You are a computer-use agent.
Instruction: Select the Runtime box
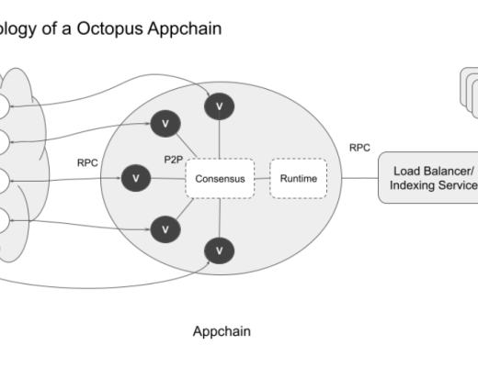pyautogui.click(x=298, y=178)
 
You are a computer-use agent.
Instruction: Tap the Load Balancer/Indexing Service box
pyautogui.click(x=430, y=178)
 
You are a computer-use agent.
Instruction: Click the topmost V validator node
pyautogui.click(x=218, y=106)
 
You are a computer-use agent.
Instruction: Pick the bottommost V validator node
pyautogui.click(x=219, y=249)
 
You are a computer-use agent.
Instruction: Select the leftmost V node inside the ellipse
pyautogui.click(x=135, y=178)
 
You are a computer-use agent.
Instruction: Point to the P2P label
pyautogui.click(x=174, y=160)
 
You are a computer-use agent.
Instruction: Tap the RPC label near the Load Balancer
pyautogui.click(x=359, y=147)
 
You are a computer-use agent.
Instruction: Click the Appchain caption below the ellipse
pyautogui.click(x=221, y=331)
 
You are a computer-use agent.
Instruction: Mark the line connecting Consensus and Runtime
pyautogui.click(x=261, y=178)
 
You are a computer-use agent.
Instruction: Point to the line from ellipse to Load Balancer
pyautogui.click(x=359, y=178)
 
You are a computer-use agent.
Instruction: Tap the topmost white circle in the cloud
pyautogui.click(x=3, y=106)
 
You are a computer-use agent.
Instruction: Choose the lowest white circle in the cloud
pyautogui.click(x=3, y=219)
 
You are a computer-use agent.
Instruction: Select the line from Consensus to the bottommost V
pyautogui.click(x=219, y=217)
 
